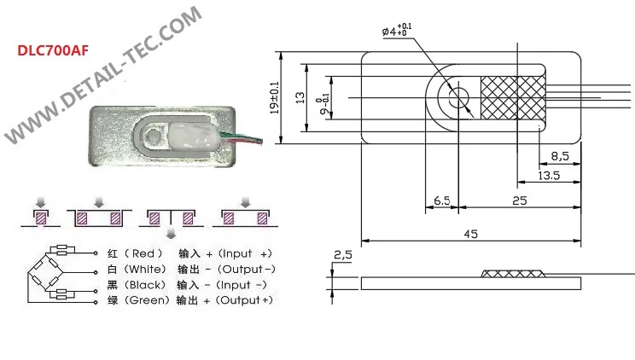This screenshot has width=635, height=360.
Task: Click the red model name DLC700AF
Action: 53,50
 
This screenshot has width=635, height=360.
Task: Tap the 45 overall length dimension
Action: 470,234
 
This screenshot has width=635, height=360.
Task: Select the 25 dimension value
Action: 520,200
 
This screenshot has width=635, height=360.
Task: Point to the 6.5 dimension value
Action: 441,200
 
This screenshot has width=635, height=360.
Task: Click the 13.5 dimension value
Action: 549,176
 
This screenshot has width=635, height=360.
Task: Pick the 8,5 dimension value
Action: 560,156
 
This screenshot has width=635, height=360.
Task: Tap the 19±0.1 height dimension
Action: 275,97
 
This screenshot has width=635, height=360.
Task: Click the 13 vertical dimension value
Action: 300,97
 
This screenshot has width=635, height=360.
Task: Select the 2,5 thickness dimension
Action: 342,255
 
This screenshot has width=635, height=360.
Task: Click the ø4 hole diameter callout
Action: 397,31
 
